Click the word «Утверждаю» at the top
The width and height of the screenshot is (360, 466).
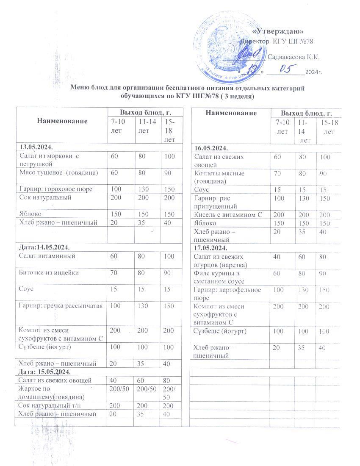(279, 31)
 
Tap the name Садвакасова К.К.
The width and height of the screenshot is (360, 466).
(294, 57)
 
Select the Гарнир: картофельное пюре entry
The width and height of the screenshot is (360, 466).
(227, 293)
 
